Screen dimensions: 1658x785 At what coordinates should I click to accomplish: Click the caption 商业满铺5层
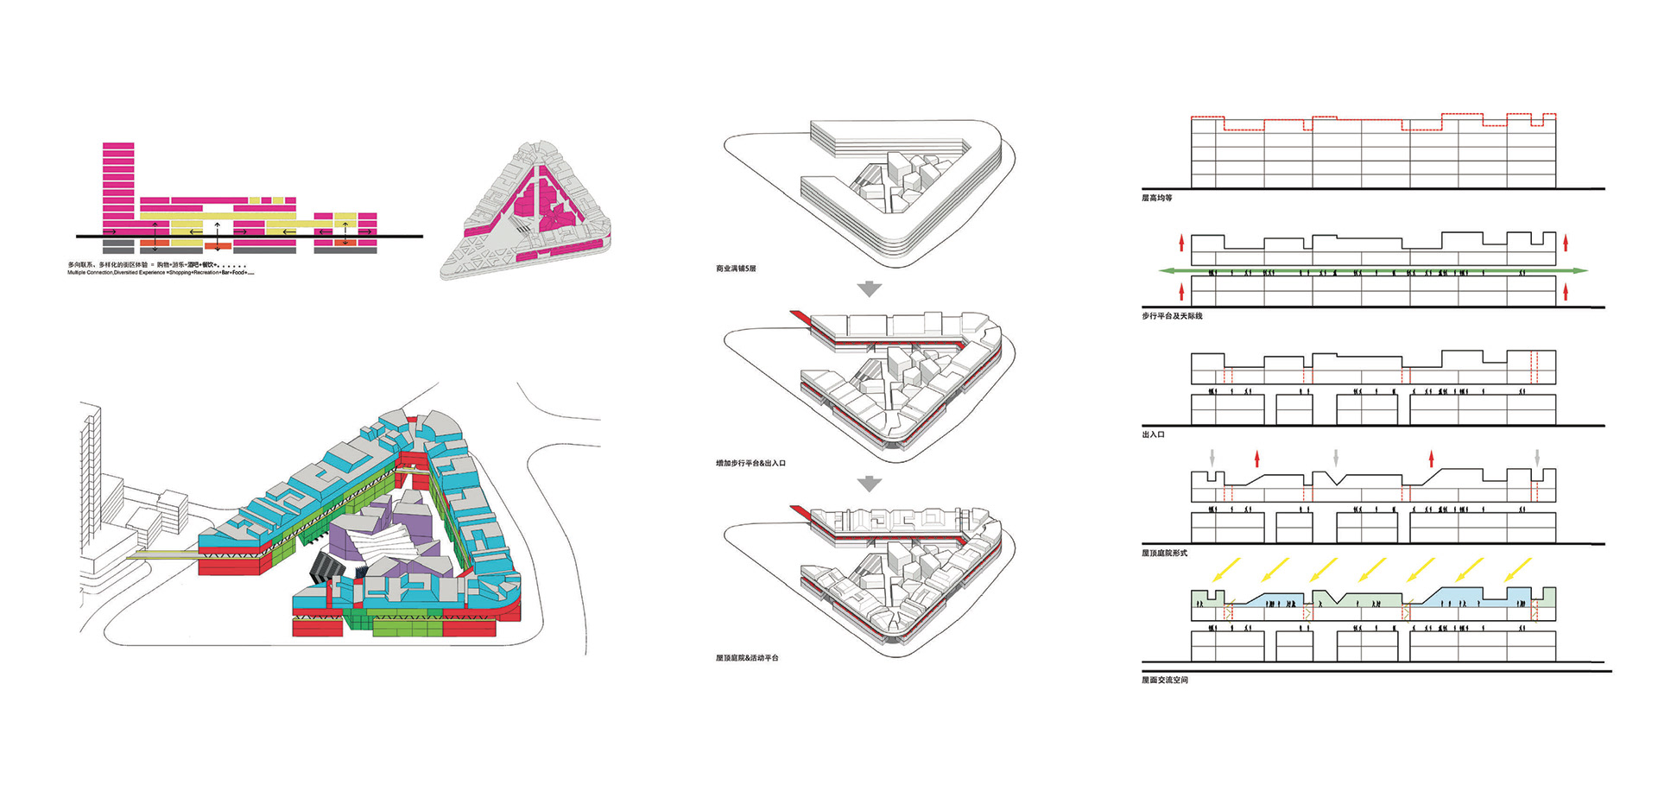tap(736, 269)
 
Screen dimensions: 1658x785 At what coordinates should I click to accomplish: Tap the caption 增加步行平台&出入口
tap(750, 464)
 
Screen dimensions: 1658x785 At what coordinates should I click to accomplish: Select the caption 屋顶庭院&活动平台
tap(747, 658)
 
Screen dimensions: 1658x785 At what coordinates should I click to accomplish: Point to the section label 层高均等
tap(1157, 199)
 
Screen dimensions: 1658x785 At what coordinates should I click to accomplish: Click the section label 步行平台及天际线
tap(1172, 316)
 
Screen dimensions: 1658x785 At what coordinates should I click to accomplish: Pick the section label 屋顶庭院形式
tap(1164, 553)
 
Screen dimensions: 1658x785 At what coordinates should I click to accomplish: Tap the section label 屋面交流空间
tap(1165, 681)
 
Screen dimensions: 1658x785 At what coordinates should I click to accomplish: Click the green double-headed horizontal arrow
tap(1373, 271)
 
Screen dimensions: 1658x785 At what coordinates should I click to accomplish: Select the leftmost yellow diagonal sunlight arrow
tap(1226, 570)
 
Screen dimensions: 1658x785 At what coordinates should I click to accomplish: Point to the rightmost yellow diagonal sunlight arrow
tap(1517, 570)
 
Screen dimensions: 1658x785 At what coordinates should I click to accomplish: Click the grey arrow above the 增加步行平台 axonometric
tap(870, 289)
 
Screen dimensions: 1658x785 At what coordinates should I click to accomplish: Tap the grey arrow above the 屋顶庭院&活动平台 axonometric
tap(870, 484)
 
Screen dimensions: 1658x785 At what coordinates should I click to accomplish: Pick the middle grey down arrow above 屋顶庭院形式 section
tap(1336, 457)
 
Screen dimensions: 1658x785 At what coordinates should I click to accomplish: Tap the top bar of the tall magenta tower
tap(118, 147)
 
